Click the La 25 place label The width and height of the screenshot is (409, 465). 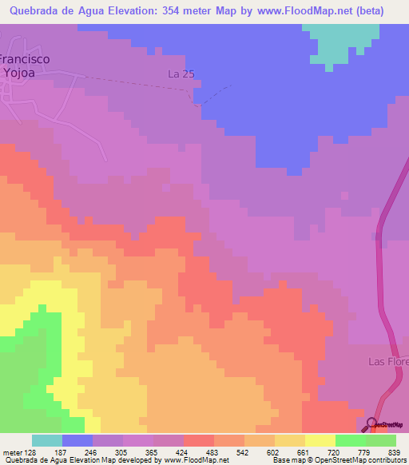point(181,74)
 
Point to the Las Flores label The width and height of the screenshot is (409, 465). point(388,361)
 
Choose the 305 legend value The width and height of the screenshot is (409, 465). point(121,452)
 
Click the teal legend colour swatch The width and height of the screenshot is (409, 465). point(46,440)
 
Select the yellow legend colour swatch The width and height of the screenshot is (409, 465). point(320,440)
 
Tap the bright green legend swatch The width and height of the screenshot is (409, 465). point(350,440)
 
